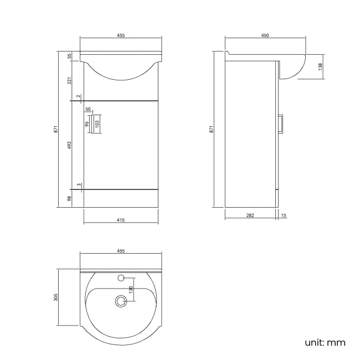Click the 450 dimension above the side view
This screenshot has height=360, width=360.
265,35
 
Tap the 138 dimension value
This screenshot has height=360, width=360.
321,67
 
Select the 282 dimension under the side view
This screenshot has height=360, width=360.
250,215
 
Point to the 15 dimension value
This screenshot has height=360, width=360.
284,215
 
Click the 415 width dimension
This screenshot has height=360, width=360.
121,220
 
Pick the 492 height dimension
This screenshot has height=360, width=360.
69,145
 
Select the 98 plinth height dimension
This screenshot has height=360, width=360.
69,198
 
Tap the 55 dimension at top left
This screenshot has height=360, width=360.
69,56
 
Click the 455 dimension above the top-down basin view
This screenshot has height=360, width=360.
121,251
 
